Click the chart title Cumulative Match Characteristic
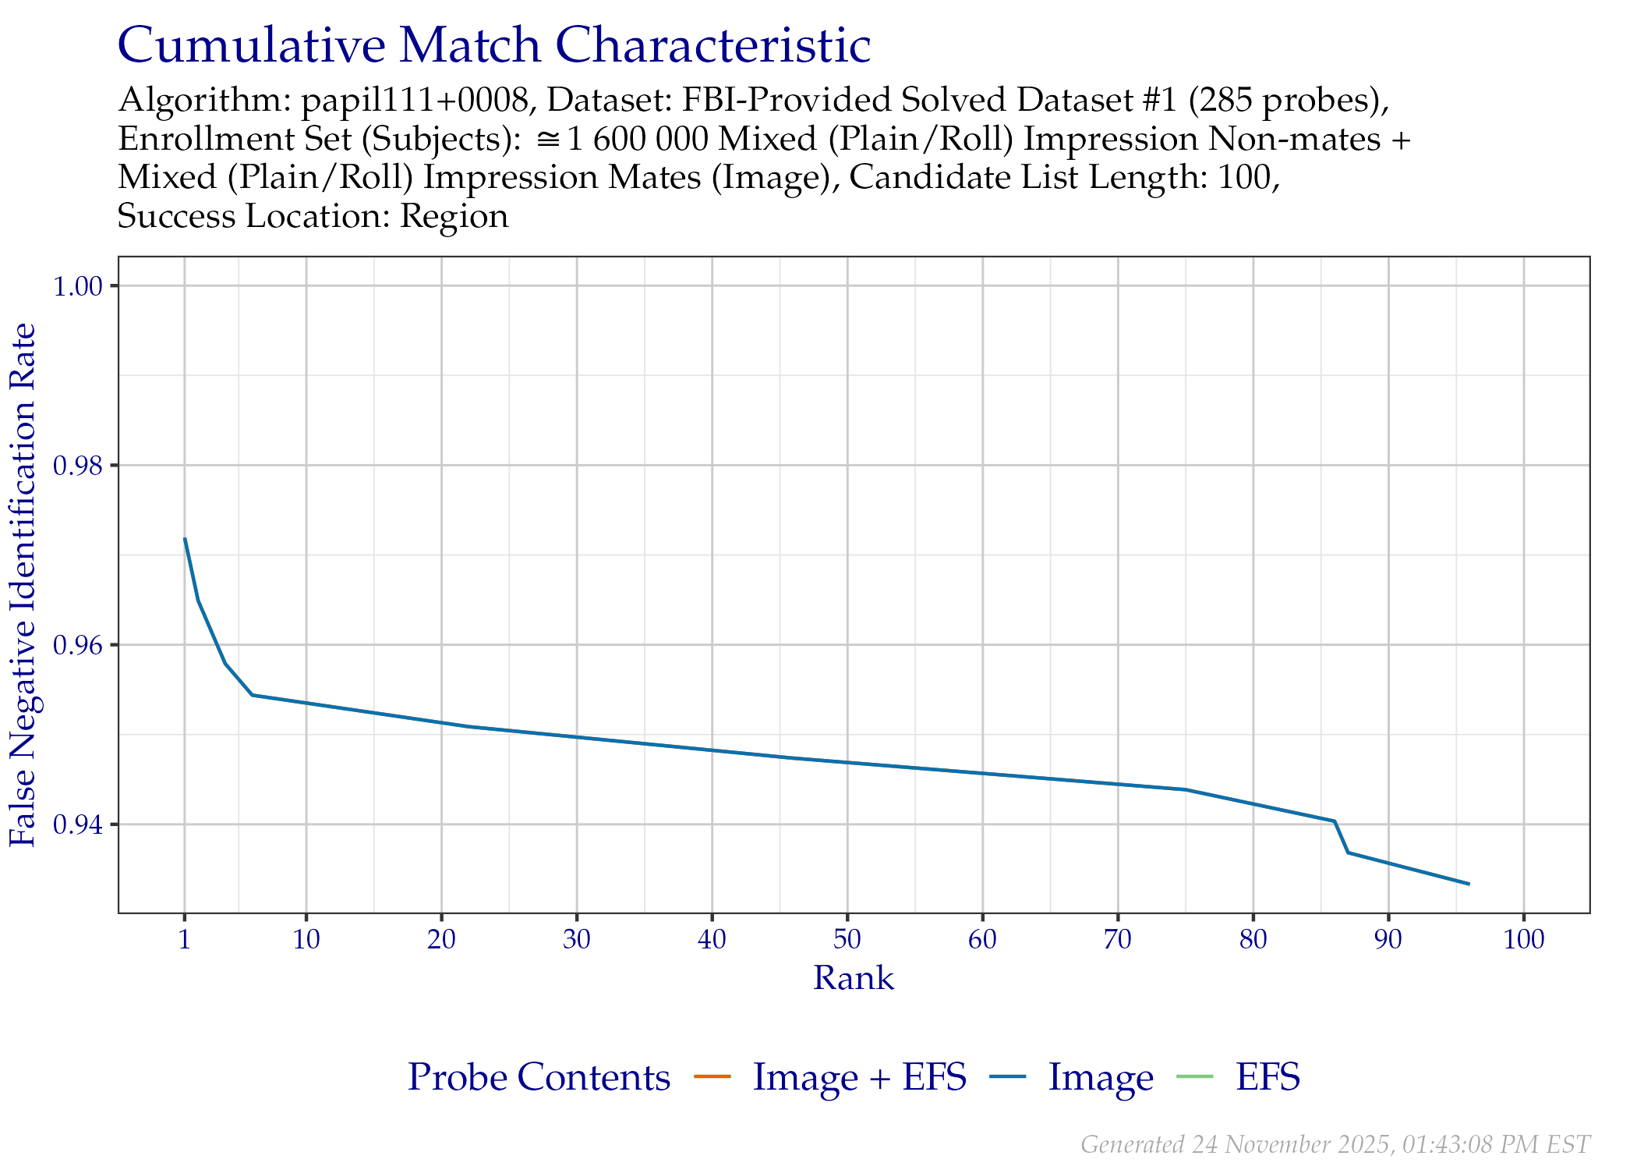[493, 45]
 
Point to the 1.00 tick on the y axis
[78, 286]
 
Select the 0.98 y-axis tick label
[78, 466]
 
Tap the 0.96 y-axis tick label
[78, 645]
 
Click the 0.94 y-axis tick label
[78, 824]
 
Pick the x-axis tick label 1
[185, 939]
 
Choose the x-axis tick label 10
[306, 939]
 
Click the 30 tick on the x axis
[577, 939]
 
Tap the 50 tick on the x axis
[847, 939]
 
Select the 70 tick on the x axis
[1118, 939]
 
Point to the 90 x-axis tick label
[1388, 939]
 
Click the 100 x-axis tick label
[1524, 939]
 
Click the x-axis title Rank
[854, 978]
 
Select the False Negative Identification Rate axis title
[23, 585]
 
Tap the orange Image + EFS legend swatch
[712, 1077]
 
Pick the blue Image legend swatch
[1008, 1077]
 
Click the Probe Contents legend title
[539, 1077]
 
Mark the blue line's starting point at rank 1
[185, 538]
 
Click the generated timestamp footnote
[1335, 1144]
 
